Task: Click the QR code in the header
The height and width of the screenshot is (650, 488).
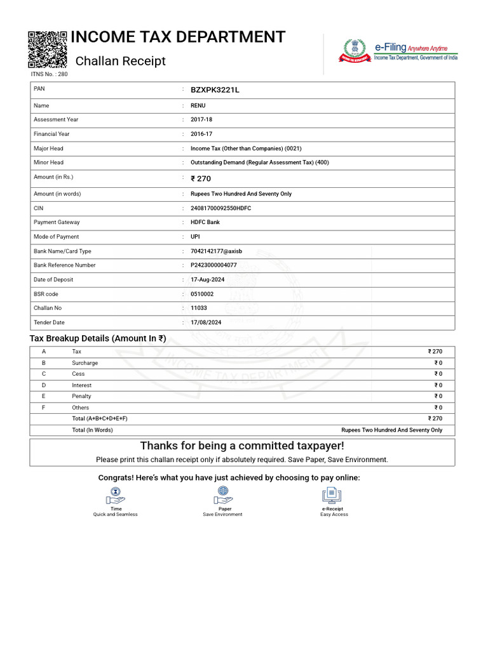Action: [x=48, y=49]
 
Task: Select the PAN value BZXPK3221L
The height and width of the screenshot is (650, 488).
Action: [x=215, y=90]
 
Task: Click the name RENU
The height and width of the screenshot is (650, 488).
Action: [x=198, y=105]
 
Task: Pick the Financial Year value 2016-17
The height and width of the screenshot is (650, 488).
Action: [x=201, y=134]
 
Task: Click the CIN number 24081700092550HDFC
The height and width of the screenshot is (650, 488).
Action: [x=220, y=208]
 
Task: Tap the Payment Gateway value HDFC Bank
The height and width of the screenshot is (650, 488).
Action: [x=205, y=222]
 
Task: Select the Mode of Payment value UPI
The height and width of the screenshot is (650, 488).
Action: [x=195, y=237]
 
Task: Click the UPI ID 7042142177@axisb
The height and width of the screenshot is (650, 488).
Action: [x=216, y=251]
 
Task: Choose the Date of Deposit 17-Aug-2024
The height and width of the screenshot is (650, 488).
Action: [x=208, y=279]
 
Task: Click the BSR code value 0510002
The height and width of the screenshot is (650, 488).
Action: [x=202, y=294]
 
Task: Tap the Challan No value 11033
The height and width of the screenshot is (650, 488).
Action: [x=199, y=308]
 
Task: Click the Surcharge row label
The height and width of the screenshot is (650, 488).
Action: [x=85, y=363]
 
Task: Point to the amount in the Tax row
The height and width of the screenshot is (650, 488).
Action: [x=435, y=352]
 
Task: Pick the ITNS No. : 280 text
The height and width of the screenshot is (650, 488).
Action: [x=49, y=74]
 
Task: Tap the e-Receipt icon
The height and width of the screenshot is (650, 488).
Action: [x=332, y=494]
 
